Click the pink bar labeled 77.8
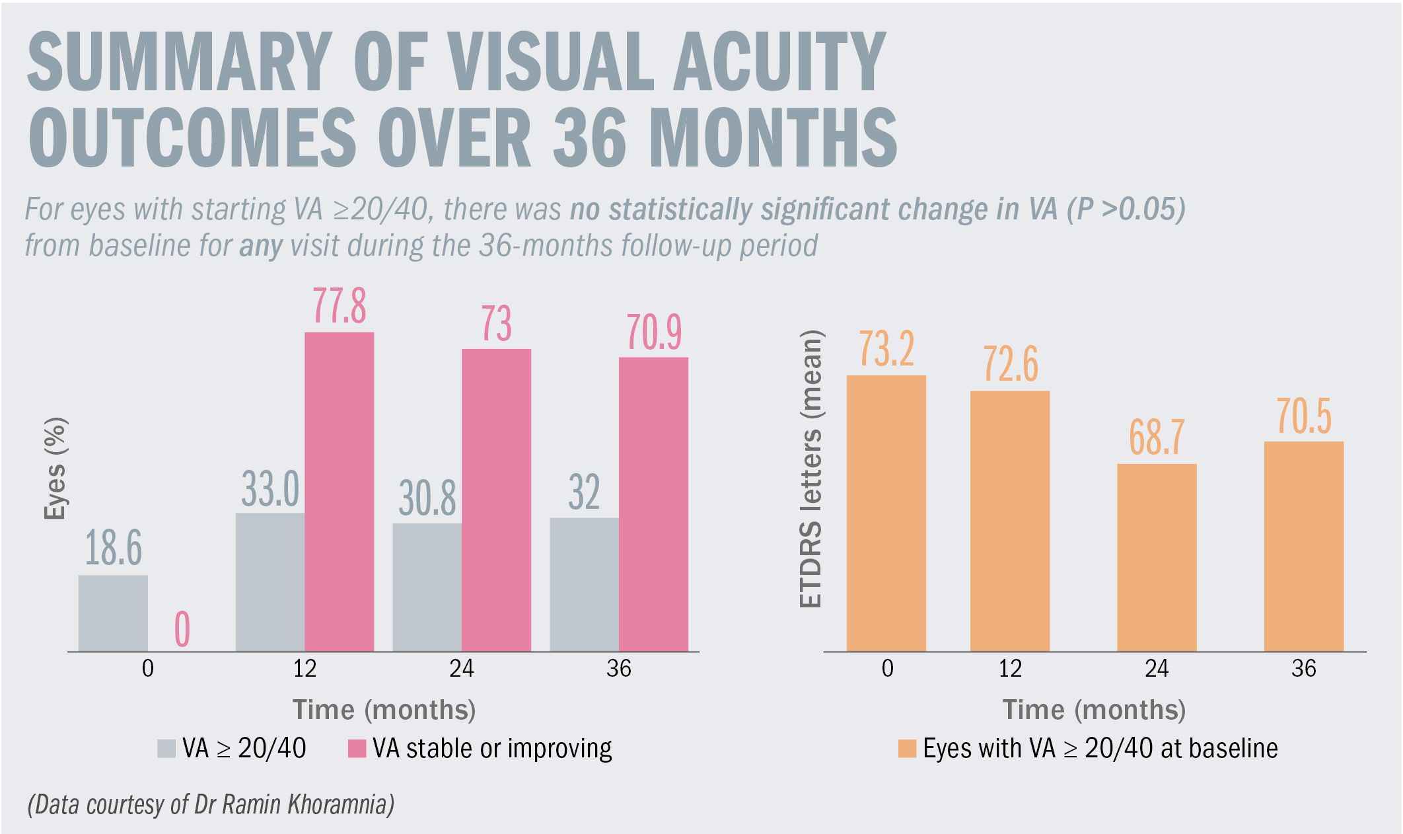coord(339,492)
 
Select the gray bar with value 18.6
coord(113,613)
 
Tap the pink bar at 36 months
coord(653,504)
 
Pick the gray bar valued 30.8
coord(427,588)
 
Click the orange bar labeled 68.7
coord(1157,558)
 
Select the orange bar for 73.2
coord(886,513)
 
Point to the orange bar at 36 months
coord(1303,547)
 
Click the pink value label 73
coord(496,324)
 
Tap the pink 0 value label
coord(182,630)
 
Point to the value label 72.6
coord(1011,364)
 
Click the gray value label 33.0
coord(270,490)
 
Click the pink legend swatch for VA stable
coord(357,749)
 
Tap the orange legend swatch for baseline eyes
coord(907,749)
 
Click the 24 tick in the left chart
coord(462,669)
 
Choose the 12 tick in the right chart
coord(1010,669)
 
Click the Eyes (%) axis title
coord(56,469)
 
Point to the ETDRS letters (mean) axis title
coord(810,469)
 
